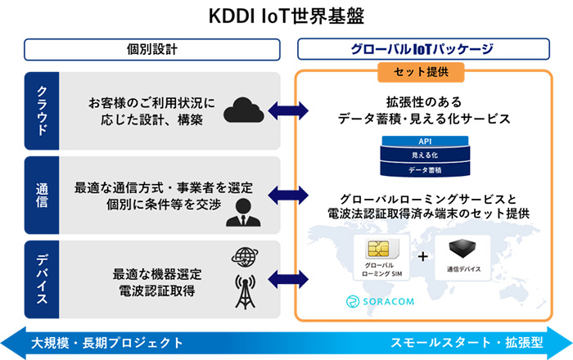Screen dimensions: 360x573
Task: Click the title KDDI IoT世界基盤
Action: click(x=286, y=16)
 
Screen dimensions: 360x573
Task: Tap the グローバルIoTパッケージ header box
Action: click(x=423, y=49)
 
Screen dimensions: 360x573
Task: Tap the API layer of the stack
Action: click(x=424, y=142)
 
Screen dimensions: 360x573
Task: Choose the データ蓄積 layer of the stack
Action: click(x=424, y=169)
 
